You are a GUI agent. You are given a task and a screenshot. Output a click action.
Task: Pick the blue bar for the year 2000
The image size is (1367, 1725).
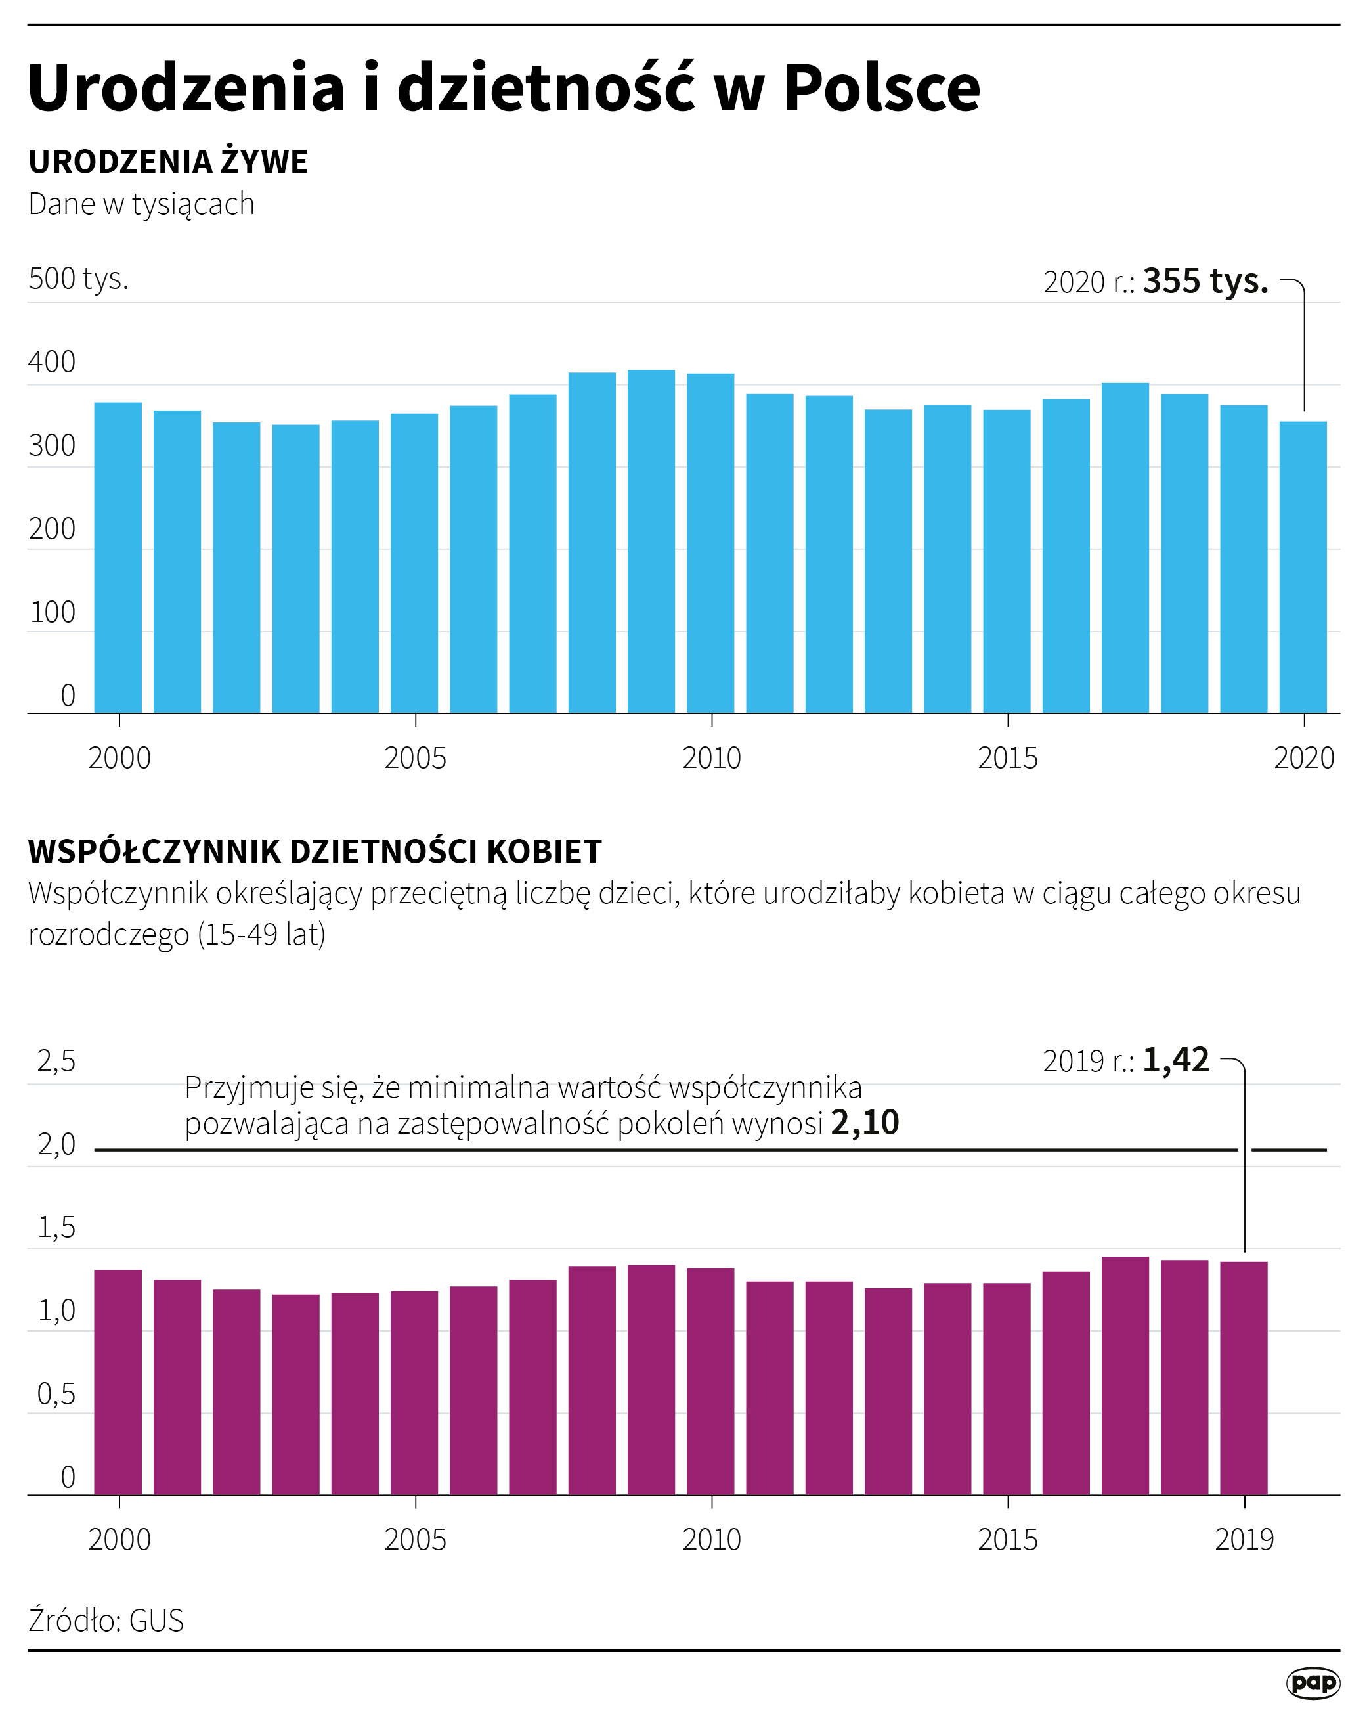pos(118,557)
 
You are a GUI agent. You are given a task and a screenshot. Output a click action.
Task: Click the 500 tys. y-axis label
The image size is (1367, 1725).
pos(78,279)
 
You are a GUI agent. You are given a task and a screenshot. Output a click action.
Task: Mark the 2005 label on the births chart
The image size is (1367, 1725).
pos(415,757)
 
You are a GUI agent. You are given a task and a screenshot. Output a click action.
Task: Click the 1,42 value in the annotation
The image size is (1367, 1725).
pos(1175,1060)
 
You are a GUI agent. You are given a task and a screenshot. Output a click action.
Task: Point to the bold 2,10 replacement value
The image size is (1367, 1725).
pos(865,1123)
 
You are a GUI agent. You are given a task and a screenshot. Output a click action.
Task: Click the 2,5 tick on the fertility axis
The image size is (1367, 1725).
pos(56,1062)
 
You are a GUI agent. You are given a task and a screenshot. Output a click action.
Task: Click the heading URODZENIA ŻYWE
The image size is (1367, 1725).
pos(168,162)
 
